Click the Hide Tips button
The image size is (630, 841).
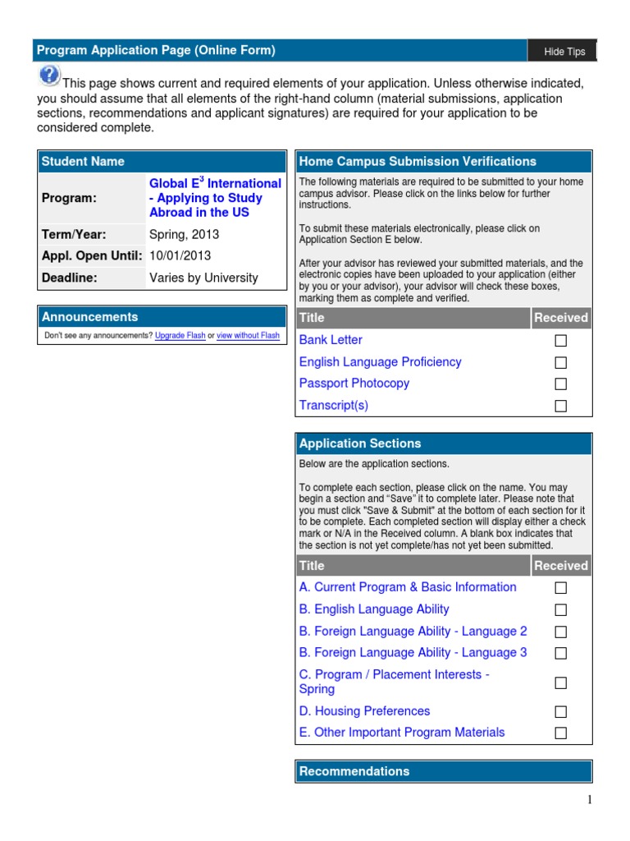click(x=564, y=52)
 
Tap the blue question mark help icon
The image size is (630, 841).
click(x=48, y=76)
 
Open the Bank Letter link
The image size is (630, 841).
click(x=331, y=340)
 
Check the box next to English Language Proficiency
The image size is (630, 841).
click(x=561, y=362)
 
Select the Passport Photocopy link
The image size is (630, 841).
click(x=354, y=384)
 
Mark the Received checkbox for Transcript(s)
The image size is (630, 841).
click(x=561, y=406)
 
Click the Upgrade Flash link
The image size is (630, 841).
click(x=180, y=336)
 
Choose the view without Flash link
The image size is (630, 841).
click(x=248, y=336)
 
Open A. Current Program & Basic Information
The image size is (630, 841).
click(x=408, y=587)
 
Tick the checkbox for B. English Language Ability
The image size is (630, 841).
click(x=561, y=610)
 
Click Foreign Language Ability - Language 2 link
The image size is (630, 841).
click(x=413, y=632)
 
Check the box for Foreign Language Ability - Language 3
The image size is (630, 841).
click(x=561, y=654)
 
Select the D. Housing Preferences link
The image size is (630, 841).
click(x=364, y=711)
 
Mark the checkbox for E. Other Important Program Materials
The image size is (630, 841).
click(x=561, y=733)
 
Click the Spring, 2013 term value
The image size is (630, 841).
click(x=184, y=234)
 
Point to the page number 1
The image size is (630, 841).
click(x=589, y=802)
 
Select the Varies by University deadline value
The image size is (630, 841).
click(x=203, y=278)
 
